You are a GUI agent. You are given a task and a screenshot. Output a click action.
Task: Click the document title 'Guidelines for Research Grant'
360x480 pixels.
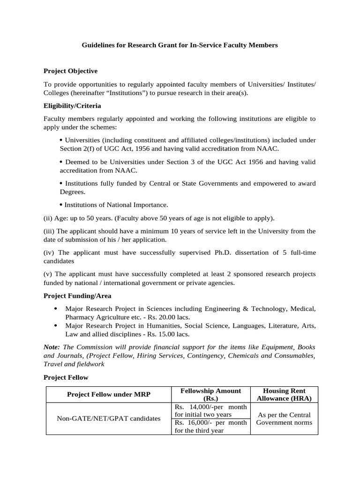click(180, 45)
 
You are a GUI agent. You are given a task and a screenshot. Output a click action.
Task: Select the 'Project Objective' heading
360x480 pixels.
click(70, 71)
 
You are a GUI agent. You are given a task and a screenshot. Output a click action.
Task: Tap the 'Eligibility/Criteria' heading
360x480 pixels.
click(72, 106)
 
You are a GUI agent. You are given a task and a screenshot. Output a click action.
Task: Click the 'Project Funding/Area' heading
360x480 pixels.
click(77, 296)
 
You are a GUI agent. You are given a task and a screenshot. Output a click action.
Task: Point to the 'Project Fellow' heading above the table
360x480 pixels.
click(66, 377)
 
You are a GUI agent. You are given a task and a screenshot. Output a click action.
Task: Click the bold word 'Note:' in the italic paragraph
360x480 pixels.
click(52, 347)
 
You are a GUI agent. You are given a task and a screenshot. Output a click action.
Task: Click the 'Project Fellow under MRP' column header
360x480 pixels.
click(109, 394)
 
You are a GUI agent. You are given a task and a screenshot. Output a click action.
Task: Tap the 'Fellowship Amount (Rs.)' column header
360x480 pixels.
click(210, 394)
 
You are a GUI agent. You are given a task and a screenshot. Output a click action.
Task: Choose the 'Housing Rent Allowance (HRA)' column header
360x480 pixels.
click(284, 394)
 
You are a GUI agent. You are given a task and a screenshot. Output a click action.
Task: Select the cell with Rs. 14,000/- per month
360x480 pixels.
click(210, 410)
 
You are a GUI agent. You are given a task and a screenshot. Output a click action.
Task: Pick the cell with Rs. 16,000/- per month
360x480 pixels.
click(210, 426)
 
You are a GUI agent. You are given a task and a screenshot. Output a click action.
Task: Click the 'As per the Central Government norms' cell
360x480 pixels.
click(284, 418)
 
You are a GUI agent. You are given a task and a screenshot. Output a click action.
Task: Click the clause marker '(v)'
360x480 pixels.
click(48, 274)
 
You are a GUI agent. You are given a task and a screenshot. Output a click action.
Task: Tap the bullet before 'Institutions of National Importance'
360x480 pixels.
click(61, 205)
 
